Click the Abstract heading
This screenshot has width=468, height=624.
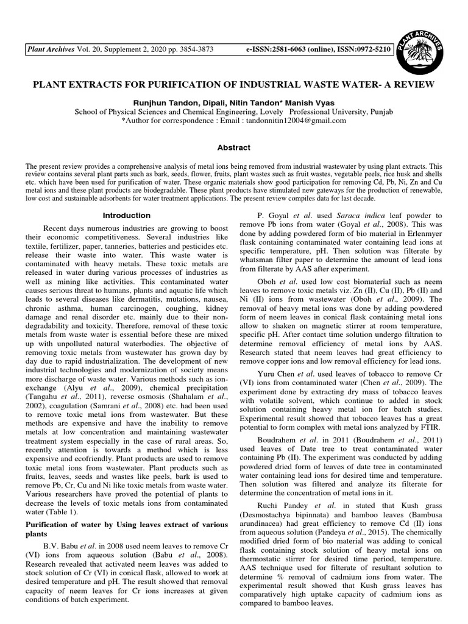coord(234,147)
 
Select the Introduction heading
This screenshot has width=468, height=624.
coord(126,215)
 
